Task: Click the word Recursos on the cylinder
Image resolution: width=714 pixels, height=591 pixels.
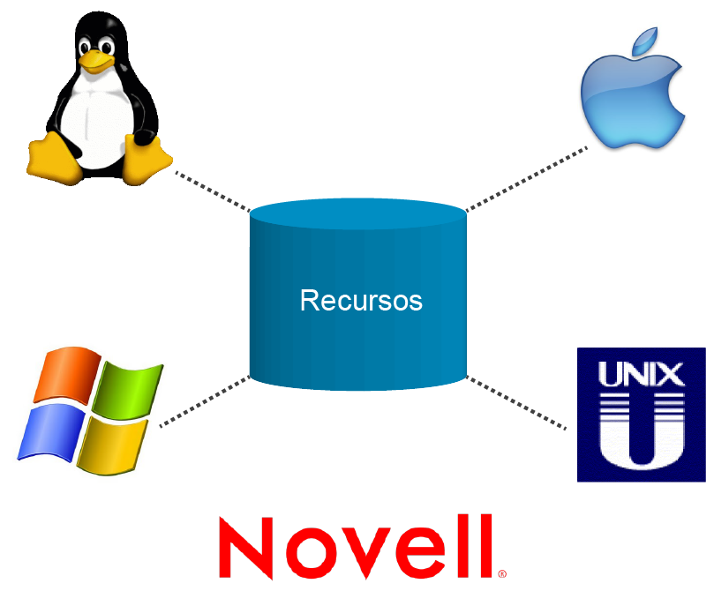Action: pos(361,300)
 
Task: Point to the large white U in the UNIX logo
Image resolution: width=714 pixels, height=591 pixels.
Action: pos(642,432)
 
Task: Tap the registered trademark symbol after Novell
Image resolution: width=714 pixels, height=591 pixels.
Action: pos(502,573)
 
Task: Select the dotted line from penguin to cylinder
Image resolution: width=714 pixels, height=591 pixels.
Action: pos(212,191)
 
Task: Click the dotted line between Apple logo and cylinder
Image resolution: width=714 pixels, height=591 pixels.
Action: pos(526,179)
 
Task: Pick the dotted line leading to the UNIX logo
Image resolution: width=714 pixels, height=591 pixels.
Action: pos(516,404)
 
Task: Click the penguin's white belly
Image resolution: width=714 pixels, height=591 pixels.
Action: pos(95,119)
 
